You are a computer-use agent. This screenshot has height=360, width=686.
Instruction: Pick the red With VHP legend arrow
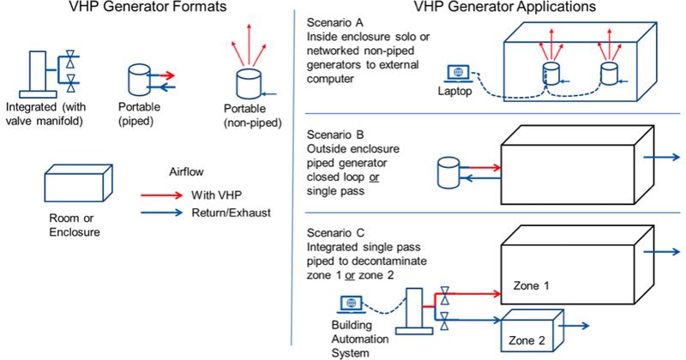click(161, 194)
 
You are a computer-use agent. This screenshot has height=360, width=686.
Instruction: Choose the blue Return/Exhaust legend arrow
click(161, 210)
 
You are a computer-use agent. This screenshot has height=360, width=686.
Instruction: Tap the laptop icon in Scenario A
click(458, 73)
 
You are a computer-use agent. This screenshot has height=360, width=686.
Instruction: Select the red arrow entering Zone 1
click(476, 291)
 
